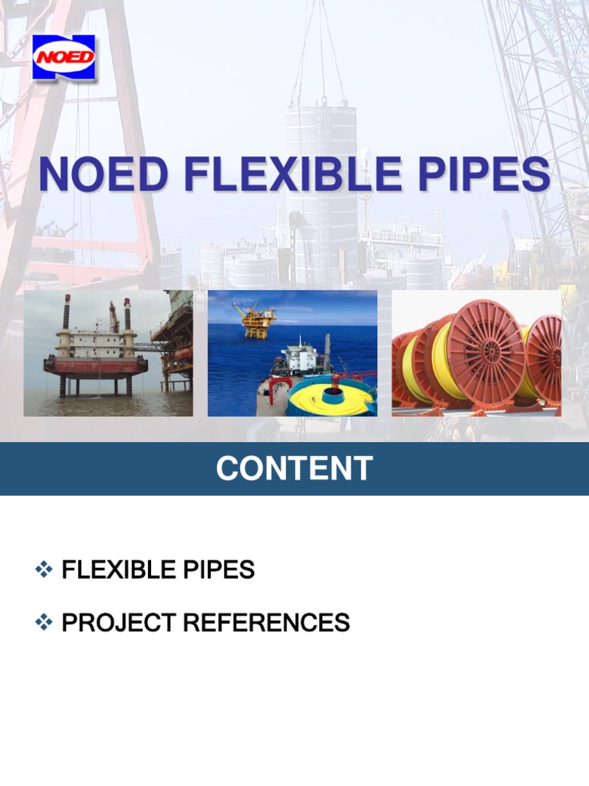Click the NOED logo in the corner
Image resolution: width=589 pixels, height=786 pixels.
[64, 57]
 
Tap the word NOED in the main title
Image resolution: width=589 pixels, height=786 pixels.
[104, 175]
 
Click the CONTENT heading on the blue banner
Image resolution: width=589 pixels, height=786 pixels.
[294, 468]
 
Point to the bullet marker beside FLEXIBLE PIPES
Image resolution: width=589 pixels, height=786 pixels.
[43, 570]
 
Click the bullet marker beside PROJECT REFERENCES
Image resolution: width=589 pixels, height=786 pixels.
[43, 623]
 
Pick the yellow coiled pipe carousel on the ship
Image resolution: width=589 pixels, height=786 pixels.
[333, 394]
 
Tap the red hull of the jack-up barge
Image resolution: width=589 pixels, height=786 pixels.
[95, 365]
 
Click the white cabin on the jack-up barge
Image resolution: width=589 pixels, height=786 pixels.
[96, 342]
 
